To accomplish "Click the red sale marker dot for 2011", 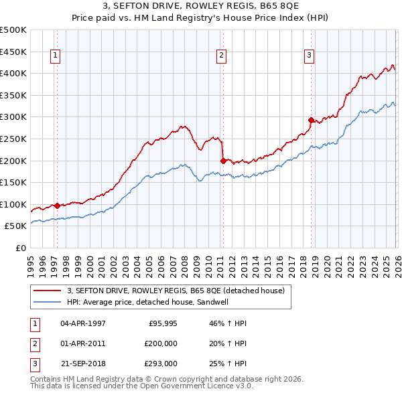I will click(223, 161).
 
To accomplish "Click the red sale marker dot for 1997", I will click(57, 206).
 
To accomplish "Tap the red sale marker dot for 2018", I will click(311, 120).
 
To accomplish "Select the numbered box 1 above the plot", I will click(54, 56).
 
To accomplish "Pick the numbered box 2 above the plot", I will click(221, 56).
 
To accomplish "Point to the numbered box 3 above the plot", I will click(309, 56).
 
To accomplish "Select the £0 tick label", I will click(20, 248).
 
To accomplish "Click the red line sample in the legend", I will click(48, 291).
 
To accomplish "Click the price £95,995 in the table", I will click(161, 322).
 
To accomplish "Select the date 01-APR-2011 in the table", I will click(83, 343).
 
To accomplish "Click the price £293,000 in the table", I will click(161, 364).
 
